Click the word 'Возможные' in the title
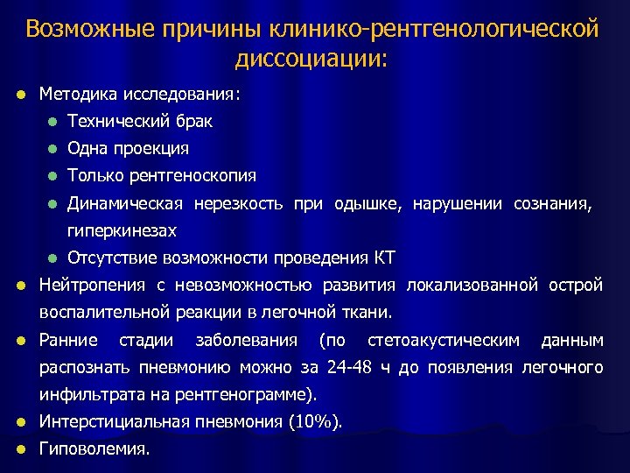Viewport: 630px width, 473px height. pos(83,30)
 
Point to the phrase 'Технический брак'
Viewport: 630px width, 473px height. pos(140,121)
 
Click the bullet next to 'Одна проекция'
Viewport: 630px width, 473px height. pos(53,149)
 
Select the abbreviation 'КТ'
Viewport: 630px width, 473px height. pos(385,258)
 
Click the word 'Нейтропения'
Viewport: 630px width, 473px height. pos(94,285)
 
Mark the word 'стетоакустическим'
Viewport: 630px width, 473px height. pos(444,340)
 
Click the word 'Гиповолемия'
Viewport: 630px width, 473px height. pos(94,448)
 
